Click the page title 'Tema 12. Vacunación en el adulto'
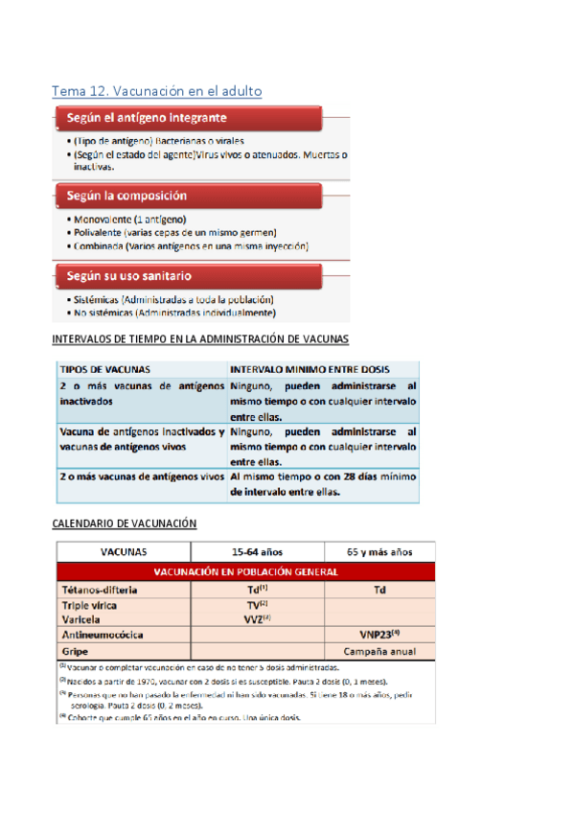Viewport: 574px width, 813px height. (x=156, y=90)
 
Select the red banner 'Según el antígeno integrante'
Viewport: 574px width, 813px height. (x=147, y=119)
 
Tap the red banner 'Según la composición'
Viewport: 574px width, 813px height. (x=126, y=196)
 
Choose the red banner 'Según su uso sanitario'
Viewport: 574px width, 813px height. (x=134, y=275)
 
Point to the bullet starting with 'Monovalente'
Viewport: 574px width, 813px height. (x=137, y=219)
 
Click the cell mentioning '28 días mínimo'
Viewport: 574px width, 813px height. (x=323, y=485)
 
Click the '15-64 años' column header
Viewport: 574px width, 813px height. (x=258, y=552)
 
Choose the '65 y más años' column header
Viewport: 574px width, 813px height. (x=380, y=552)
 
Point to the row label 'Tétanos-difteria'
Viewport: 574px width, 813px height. (x=100, y=590)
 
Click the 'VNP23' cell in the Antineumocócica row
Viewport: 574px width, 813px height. (x=380, y=634)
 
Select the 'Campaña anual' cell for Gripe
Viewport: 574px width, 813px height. (x=380, y=650)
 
